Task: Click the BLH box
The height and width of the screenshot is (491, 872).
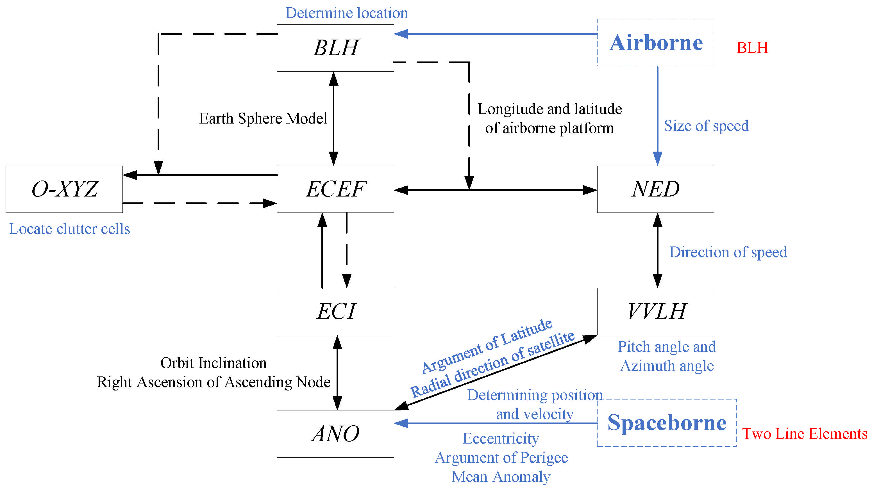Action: [335, 48]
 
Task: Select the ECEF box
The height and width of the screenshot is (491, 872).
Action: [335, 189]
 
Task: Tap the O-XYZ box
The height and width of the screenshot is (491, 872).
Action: [64, 189]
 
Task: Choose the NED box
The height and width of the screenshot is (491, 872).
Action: [655, 189]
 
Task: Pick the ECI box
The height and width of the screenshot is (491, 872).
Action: [335, 311]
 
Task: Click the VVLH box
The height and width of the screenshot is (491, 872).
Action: [655, 311]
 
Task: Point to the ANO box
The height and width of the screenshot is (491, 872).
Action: [335, 434]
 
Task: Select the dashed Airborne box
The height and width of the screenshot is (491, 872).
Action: [655, 43]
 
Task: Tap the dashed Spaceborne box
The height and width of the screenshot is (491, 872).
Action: [667, 423]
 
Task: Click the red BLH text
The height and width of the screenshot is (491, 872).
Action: [752, 48]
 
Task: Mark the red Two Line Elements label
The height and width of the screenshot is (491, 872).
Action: [804, 434]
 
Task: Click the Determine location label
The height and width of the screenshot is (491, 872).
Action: [347, 13]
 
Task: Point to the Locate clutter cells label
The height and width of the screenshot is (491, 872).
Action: [69, 229]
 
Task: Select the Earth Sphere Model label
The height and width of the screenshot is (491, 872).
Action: [263, 119]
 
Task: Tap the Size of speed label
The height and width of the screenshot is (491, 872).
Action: [706, 126]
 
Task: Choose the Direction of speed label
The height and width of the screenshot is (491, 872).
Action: [728, 252]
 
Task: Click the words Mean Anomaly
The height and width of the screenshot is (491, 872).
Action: [501, 477]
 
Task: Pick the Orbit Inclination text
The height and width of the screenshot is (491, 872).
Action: [213, 363]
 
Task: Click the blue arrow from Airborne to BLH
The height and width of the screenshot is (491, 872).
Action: [496, 34]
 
